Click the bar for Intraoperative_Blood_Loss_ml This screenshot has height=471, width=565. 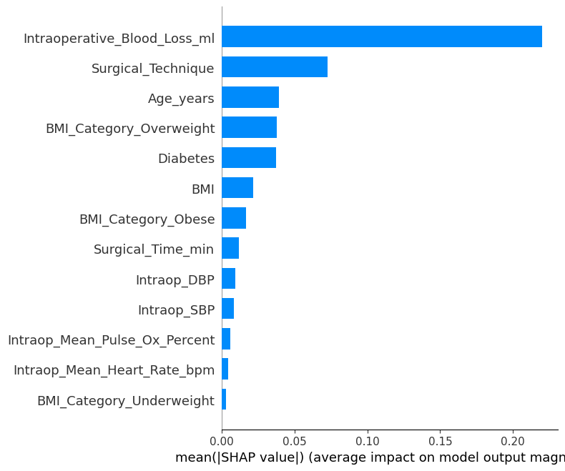click(x=381, y=36)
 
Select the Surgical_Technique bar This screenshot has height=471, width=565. click(x=275, y=67)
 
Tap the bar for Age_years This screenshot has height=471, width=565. click(x=250, y=97)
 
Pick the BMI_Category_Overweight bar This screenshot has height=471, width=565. click(x=249, y=127)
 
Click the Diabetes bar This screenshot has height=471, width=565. click(x=249, y=158)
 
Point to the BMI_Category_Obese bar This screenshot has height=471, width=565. click(x=234, y=218)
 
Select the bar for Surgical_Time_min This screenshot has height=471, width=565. click(x=230, y=248)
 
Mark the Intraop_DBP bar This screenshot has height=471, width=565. click(x=228, y=279)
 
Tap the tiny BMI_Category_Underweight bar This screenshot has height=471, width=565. click(x=224, y=400)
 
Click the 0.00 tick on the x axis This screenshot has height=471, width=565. click(x=222, y=442)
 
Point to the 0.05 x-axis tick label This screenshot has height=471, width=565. click(x=295, y=442)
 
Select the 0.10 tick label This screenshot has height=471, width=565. click(x=368, y=442)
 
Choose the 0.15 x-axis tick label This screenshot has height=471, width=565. click(x=441, y=442)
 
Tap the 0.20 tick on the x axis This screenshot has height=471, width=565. click(x=514, y=442)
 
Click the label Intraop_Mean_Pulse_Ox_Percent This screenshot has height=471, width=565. click(x=111, y=340)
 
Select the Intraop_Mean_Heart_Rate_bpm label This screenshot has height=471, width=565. click(x=114, y=370)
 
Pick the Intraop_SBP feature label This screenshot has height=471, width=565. click(x=176, y=310)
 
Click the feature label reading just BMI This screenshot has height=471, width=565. click(x=202, y=189)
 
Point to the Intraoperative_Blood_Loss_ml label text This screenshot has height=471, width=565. click(x=119, y=39)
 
